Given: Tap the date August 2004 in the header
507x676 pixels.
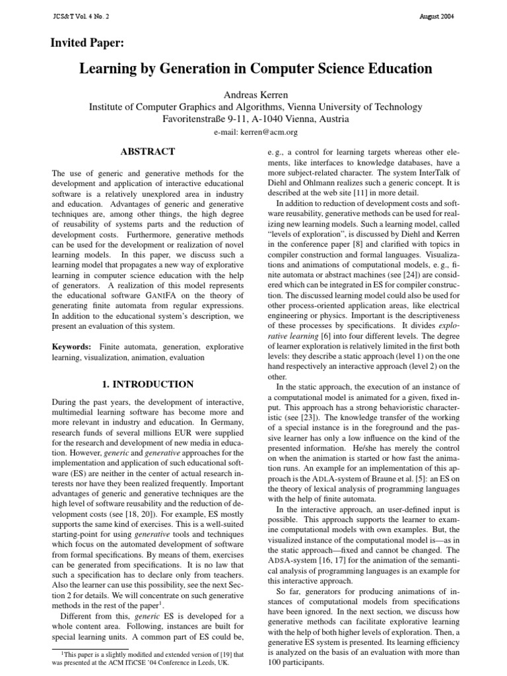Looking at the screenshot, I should point(435,15).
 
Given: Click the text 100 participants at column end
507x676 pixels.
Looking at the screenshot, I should point(298,661).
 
